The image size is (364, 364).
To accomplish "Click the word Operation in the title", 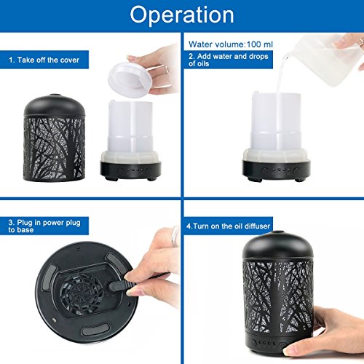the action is [182, 15].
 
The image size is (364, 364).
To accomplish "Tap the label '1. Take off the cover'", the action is [44, 60].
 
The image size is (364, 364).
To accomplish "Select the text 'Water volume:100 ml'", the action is [231, 44].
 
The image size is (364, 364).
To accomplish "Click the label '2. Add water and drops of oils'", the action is [229, 60].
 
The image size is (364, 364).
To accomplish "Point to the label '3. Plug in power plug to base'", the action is [44, 226].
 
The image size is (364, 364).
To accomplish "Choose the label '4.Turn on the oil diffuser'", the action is [228, 226].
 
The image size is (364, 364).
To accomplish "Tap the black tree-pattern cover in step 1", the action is [55, 138].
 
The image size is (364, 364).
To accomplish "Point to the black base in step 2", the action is [276, 170].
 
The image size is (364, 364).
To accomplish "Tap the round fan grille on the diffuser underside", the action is [81, 293].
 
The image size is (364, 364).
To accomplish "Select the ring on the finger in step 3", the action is [175, 237].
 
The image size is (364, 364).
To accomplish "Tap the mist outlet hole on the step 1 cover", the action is [55, 95].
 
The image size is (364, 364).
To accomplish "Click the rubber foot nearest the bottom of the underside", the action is [95, 330].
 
